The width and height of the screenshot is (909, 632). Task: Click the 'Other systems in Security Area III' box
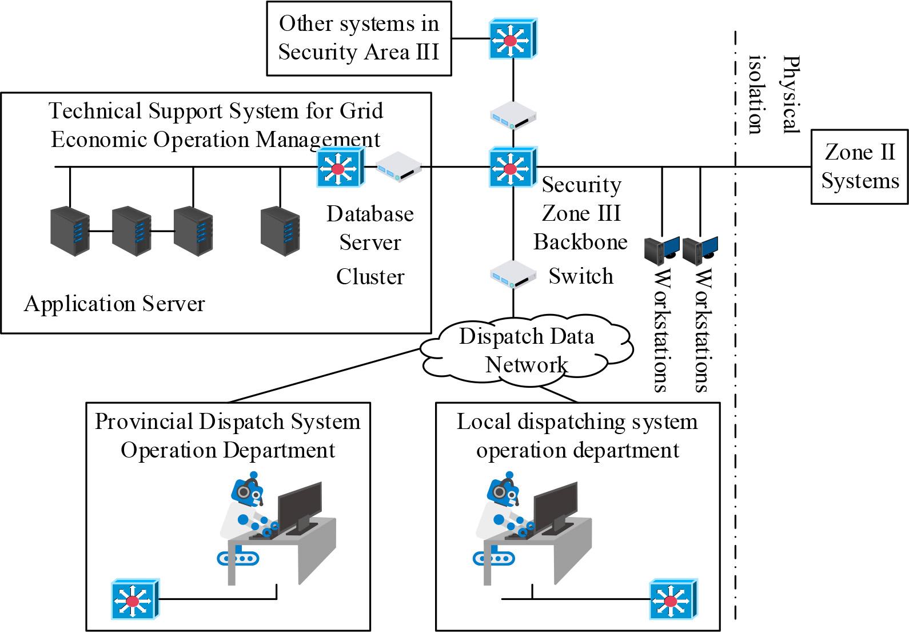[358, 38]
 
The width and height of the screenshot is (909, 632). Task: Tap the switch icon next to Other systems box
[513, 39]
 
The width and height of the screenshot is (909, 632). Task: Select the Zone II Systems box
[859, 166]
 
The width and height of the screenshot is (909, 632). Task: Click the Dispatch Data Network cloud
[526, 351]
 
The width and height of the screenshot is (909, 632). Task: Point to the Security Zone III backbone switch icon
[513, 168]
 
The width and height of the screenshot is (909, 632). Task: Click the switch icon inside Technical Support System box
[341, 168]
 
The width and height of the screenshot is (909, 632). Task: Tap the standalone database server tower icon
[280, 230]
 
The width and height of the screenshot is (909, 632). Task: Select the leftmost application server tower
[70, 230]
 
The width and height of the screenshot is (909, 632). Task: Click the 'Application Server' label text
[114, 304]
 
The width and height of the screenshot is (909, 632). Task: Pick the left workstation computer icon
[661, 251]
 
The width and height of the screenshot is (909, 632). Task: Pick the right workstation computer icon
[700, 251]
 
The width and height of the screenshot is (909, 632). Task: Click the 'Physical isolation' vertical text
[772, 95]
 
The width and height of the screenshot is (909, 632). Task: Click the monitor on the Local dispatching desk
[555, 506]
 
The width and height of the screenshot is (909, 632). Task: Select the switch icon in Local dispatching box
[673, 600]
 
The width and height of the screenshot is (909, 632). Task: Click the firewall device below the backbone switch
[513, 275]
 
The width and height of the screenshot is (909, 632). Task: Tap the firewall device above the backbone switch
[513, 116]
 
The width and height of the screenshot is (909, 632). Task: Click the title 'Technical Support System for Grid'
[216, 110]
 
